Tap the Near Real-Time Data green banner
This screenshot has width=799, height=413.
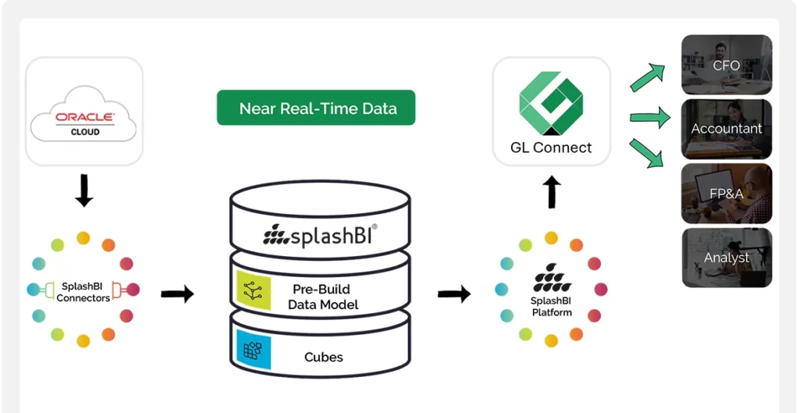click(x=316, y=109)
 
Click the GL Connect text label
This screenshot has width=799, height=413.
click(x=551, y=147)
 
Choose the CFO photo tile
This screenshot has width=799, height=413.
click(x=726, y=65)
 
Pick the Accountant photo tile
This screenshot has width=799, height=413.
click(x=726, y=129)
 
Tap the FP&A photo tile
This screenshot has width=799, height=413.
click(x=726, y=193)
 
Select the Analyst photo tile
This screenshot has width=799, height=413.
click(x=726, y=257)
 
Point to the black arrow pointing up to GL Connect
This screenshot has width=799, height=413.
click(x=552, y=191)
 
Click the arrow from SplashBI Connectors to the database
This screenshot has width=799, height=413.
click(x=177, y=294)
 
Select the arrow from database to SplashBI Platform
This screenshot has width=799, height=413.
click(x=453, y=294)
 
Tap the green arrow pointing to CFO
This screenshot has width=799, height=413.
click(x=647, y=77)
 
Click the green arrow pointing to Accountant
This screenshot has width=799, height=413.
click(x=650, y=119)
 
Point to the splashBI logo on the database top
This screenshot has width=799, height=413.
click(x=321, y=234)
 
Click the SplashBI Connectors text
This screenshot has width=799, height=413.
click(x=83, y=292)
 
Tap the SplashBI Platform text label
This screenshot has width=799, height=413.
click(x=552, y=307)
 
